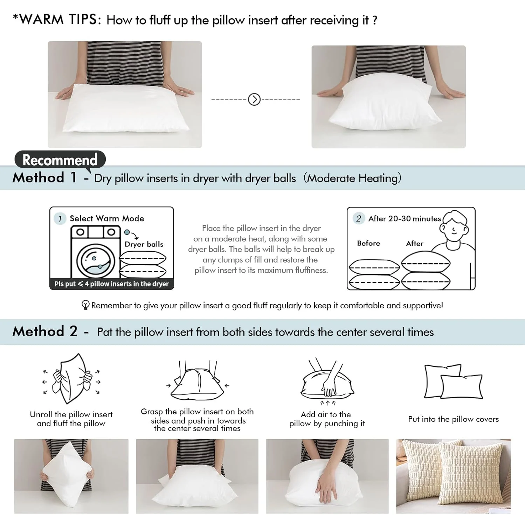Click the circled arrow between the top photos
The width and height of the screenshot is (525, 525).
pyautogui.click(x=254, y=99)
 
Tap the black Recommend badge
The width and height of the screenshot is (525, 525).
pyautogui.click(x=60, y=160)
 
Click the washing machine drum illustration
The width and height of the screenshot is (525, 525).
pyautogui.click(x=95, y=260)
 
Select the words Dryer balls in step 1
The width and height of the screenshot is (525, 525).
pyautogui.click(x=144, y=244)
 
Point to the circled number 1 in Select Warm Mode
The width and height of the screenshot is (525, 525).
pyautogui.click(x=60, y=219)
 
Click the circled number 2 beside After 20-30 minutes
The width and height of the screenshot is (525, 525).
pyautogui.click(x=358, y=219)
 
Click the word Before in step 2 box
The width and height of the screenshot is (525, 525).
pyautogui.click(x=368, y=243)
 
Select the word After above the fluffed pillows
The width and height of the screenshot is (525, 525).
pyautogui.click(x=415, y=243)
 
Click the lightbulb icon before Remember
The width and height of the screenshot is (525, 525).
pyautogui.click(x=85, y=305)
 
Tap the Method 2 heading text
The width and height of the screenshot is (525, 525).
pyautogui.click(x=45, y=331)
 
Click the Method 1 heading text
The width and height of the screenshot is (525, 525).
pyautogui.click(x=44, y=178)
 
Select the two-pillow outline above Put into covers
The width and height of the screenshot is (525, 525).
pyautogui.click(x=453, y=381)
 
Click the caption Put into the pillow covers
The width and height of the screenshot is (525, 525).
pyautogui.click(x=453, y=419)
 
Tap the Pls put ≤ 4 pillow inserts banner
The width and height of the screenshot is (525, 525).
pyautogui.click(x=111, y=284)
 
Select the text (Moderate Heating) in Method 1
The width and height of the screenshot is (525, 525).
pyautogui.click(x=352, y=178)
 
